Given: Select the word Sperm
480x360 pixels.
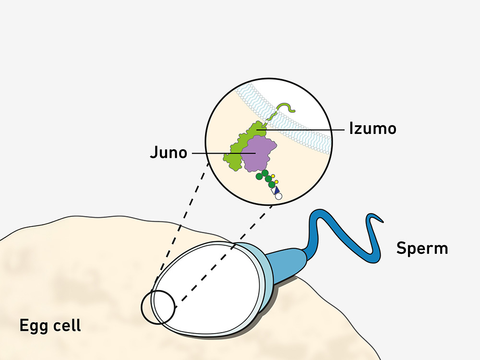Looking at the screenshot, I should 422,248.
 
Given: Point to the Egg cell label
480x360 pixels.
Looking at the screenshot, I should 50,325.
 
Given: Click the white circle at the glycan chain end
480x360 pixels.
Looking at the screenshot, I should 278,196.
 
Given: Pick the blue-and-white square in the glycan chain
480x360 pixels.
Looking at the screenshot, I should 275,191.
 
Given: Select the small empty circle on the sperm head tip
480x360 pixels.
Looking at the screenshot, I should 158,307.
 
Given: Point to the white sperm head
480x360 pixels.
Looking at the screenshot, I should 211,288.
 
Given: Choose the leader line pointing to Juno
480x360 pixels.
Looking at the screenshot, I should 221,154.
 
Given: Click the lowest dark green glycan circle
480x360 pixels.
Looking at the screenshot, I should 272,184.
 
